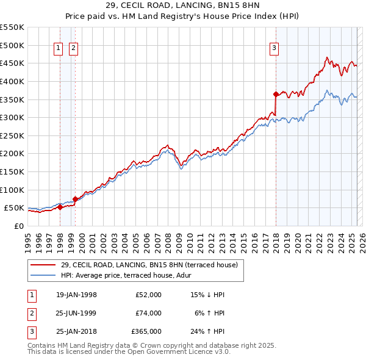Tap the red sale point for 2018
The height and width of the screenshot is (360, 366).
276,94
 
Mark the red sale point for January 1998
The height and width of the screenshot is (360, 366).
60,207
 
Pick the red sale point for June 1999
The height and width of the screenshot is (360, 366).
76,199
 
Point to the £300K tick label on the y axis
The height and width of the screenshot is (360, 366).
12,117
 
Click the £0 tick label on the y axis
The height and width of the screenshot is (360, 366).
19,226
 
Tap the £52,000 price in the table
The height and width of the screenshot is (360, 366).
148,295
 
